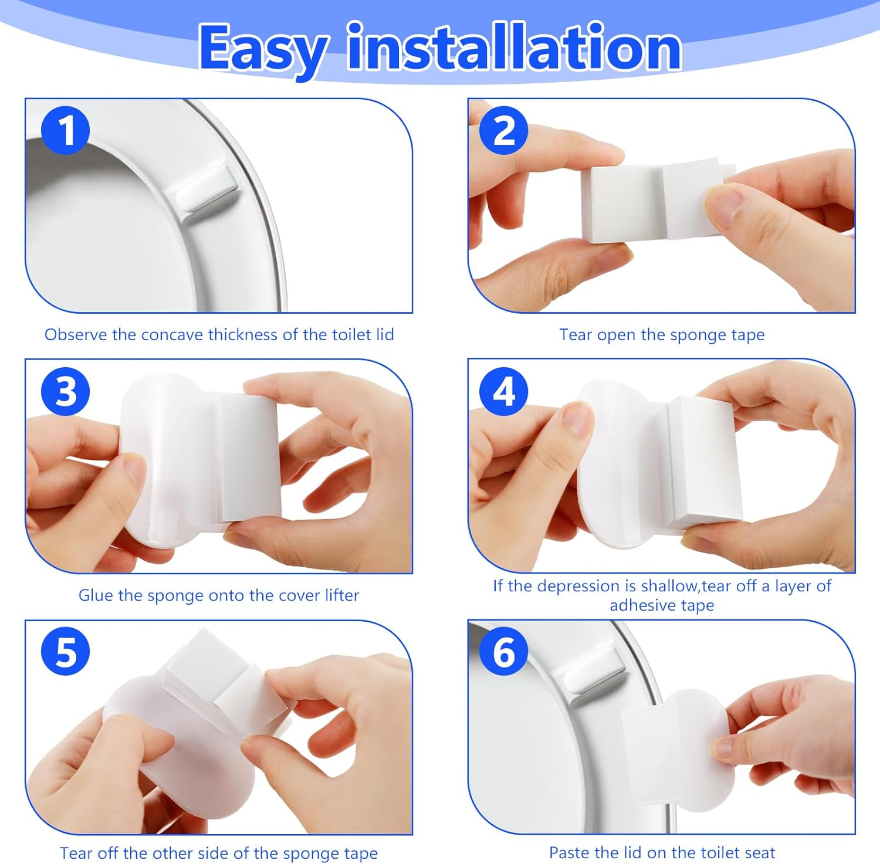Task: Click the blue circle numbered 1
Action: coord(66,131)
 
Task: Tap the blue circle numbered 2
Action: coord(503,131)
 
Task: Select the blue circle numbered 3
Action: coord(66,392)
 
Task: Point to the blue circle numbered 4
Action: coord(503,392)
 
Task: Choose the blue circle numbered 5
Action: coord(66,652)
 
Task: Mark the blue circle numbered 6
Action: coord(503,652)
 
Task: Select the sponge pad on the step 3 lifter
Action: coord(249,458)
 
